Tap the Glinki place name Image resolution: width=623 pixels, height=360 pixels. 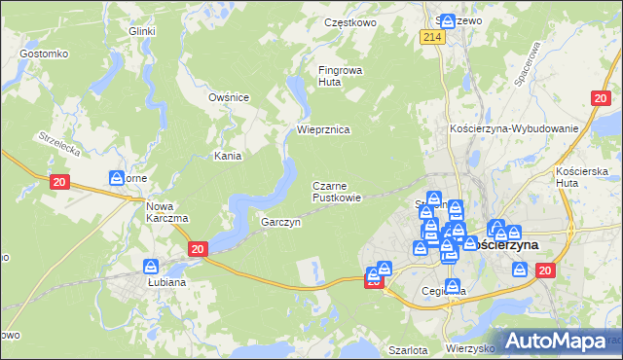coord(142,31)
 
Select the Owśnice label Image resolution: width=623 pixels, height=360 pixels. coord(230,97)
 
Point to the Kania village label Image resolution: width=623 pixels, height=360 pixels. coord(228,155)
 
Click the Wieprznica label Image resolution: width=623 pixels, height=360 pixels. coord(323,129)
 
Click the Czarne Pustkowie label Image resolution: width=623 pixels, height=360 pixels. coord(337,191)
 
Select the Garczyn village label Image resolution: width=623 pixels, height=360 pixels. coord(280,222)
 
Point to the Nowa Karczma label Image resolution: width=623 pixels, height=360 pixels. coord(166,211)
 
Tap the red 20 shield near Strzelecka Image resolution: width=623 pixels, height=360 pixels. coord(60,182)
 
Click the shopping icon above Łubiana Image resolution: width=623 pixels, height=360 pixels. coord(152,266)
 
